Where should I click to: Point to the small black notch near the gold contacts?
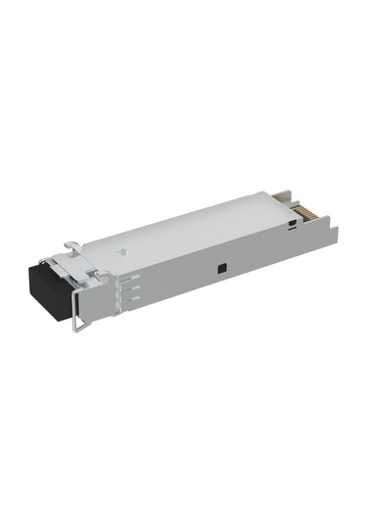tap(293, 226)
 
